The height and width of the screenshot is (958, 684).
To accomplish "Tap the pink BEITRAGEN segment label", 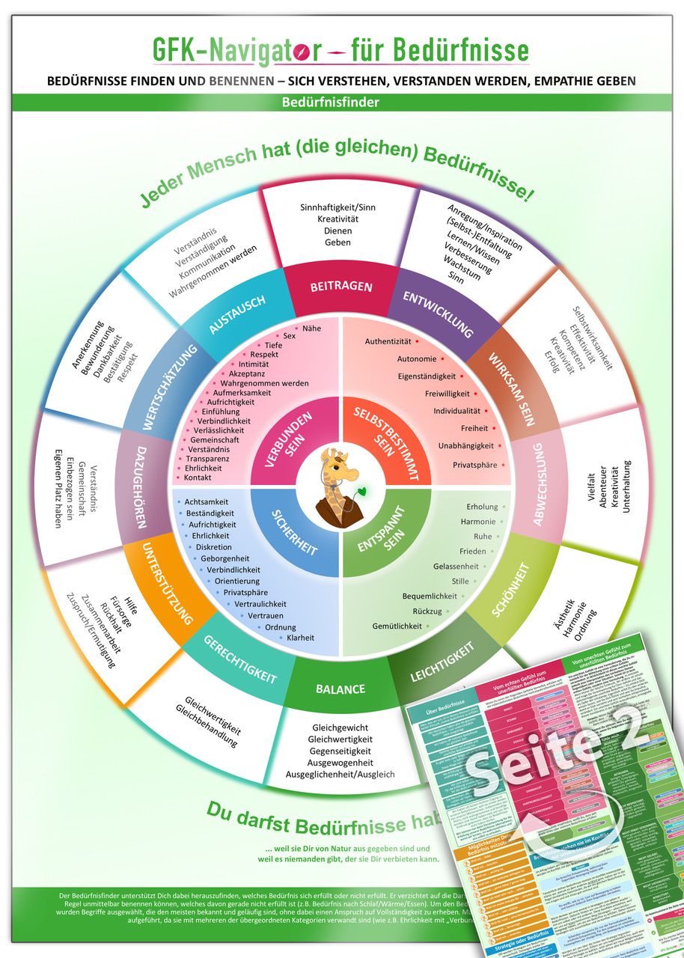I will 341,287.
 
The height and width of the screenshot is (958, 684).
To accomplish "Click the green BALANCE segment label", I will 341,689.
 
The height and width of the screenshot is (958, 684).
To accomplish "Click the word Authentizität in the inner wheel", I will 388,342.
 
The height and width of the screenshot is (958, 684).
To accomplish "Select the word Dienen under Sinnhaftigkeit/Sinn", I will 338,231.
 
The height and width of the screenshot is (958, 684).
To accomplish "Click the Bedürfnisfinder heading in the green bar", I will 341,103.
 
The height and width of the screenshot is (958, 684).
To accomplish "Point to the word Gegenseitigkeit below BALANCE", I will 341,751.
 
